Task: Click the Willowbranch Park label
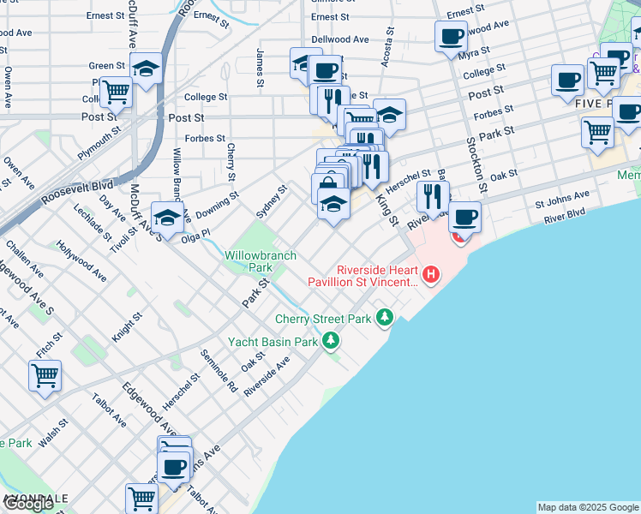coord(261,261)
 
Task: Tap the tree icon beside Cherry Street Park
coord(386,318)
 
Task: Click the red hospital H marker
coord(431,275)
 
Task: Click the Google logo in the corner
coord(28,504)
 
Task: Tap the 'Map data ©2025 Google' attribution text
coord(588,507)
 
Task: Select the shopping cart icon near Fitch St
coord(45,374)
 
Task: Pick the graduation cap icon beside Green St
coord(146,67)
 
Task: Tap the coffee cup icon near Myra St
coord(451,36)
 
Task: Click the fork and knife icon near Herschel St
coord(433,195)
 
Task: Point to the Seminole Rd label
coord(219,369)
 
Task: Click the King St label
coord(388,210)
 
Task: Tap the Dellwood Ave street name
coord(340,39)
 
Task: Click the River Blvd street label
coord(565,214)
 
